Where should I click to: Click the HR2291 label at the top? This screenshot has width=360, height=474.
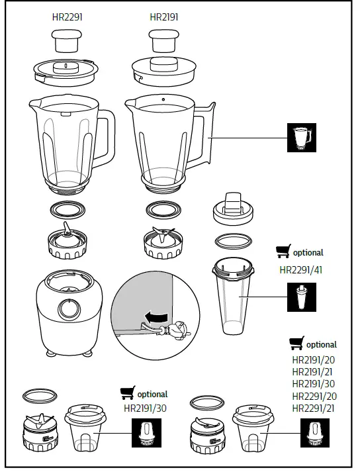[66, 17]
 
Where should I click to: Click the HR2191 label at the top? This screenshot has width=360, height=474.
[163, 17]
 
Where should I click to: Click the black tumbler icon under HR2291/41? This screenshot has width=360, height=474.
[302, 297]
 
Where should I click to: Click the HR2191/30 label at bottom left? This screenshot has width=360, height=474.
[145, 408]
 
